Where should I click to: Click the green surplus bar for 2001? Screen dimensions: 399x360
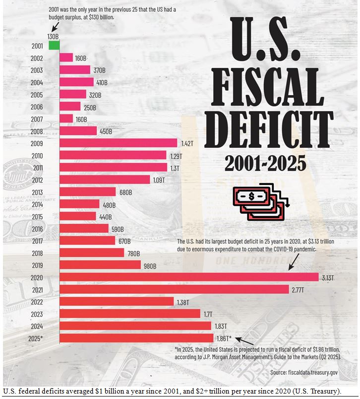click(54, 46)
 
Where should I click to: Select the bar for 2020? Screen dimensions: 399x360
click(188, 277)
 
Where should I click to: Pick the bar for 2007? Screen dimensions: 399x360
click(66, 119)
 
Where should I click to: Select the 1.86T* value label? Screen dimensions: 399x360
click(224, 338)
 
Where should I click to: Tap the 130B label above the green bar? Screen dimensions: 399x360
click(53, 37)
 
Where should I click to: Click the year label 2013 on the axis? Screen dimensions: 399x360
click(37, 192)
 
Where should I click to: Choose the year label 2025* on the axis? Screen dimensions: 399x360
click(36, 338)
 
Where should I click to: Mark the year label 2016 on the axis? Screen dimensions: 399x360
click(37, 228)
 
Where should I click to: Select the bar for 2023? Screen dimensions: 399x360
click(129, 314)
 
